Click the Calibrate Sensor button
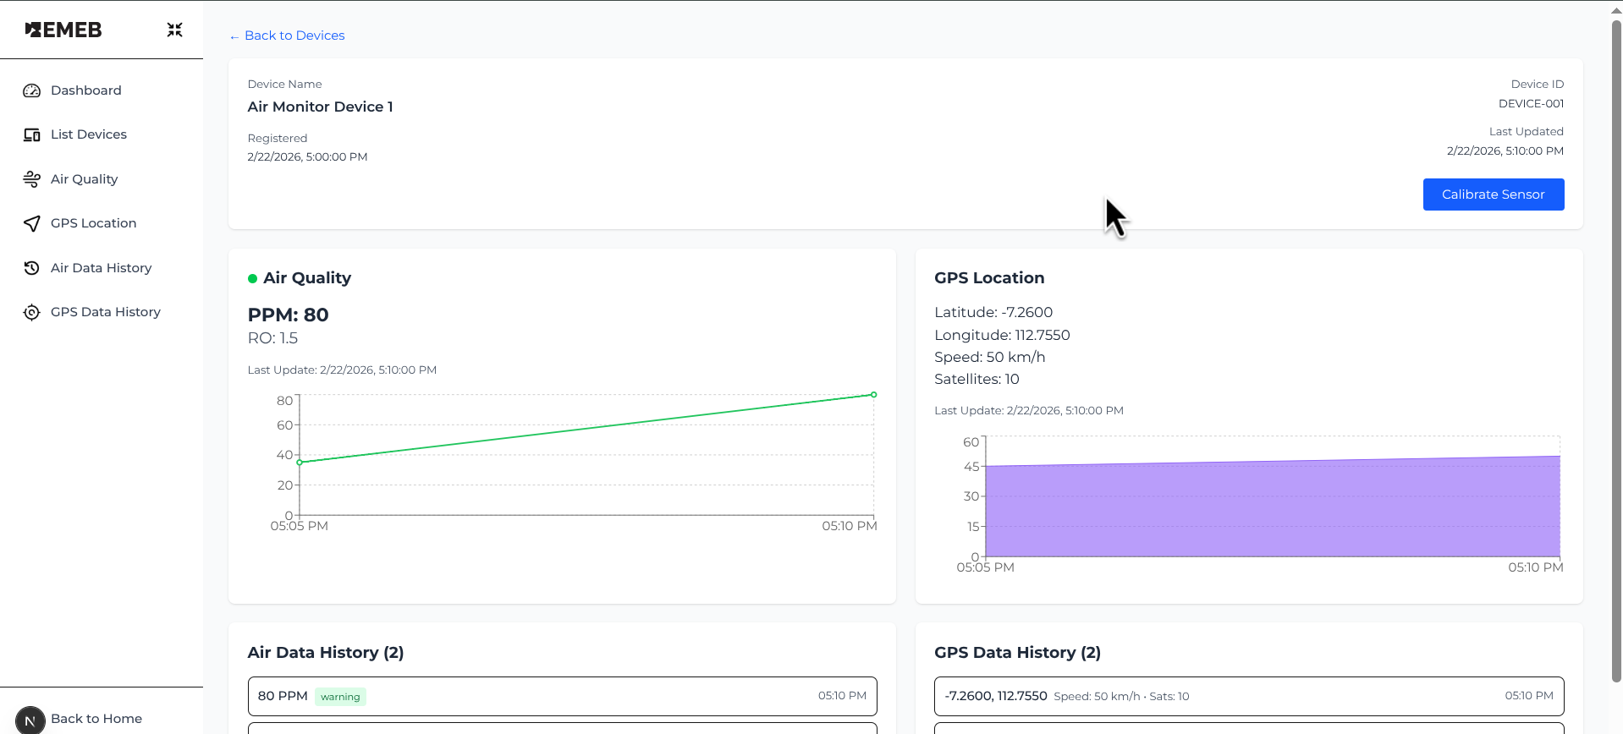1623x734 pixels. click(1494, 194)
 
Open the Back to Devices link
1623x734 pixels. click(287, 36)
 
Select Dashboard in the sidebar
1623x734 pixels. click(85, 90)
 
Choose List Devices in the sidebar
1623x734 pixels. click(88, 134)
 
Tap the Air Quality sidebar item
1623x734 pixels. click(84, 179)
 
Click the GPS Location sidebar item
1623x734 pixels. click(93, 223)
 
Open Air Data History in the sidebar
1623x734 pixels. click(101, 268)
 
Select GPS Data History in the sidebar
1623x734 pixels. click(105, 312)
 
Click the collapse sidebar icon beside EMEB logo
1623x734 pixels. click(175, 30)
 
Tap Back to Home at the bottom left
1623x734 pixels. click(96, 719)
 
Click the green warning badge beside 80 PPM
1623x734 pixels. click(340, 697)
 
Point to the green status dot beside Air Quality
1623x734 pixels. click(252, 278)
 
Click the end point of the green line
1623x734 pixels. click(874, 395)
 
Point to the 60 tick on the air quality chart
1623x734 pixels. click(284, 425)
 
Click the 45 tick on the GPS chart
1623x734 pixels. click(971, 467)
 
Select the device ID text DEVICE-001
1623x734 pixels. click(1531, 104)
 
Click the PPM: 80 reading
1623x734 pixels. click(288, 315)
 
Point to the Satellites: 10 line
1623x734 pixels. click(977, 380)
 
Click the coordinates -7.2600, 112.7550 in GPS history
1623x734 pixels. click(996, 696)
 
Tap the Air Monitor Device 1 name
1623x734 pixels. click(320, 107)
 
